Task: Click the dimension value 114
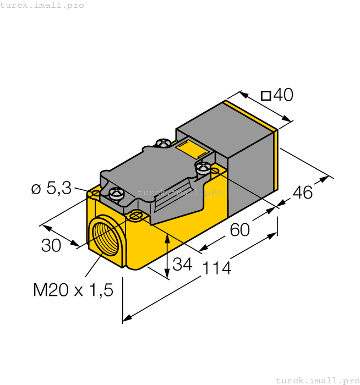click(217, 268)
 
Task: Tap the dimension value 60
click(240, 229)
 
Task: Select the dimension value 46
click(302, 193)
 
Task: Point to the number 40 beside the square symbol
click(283, 95)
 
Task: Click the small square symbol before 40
click(266, 96)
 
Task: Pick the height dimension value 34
click(182, 265)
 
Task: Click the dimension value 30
click(51, 246)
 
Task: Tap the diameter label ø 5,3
click(51, 189)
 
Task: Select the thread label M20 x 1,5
click(73, 290)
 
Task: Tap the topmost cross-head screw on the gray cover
click(162, 144)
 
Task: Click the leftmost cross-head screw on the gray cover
click(116, 193)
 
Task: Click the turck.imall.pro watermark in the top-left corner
click(42, 5)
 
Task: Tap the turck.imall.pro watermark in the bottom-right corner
click(317, 380)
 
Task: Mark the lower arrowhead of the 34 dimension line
click(167, 275)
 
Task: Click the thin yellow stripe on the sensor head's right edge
click(276, 159)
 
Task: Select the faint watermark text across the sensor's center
click(179, 193)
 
